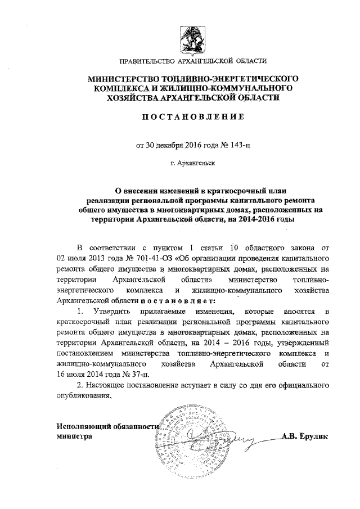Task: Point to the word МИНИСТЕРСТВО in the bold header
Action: click(119, 78)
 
